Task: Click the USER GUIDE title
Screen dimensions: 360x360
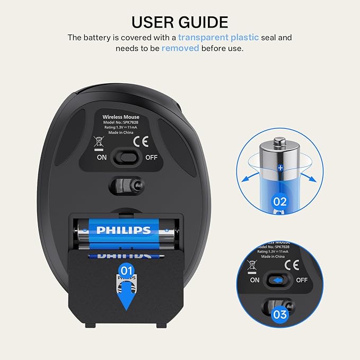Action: click(180, 22)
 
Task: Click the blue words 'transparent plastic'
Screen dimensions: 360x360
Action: click(218, 38)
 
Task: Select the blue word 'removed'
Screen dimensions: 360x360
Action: click(180, 48)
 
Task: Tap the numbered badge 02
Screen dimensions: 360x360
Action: click(279, 201)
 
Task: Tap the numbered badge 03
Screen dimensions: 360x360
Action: click(279, 315)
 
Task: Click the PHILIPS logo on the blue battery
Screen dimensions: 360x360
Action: click(123, 230)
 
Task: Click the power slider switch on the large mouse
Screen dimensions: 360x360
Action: click(127, 157)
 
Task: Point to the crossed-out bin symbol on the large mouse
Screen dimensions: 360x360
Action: click(99, 142)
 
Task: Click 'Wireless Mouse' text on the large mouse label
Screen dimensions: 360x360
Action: click(119, 117)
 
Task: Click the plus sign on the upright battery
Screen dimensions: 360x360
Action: click(280, 168)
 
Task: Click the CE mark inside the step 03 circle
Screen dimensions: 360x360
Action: click(290, 264)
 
